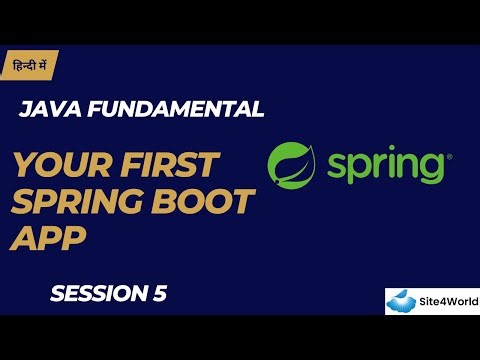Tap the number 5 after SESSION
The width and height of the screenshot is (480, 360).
pyautogui.click(x=160, y=293)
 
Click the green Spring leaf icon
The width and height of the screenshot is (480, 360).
pyautogui.click(x=293, y=163)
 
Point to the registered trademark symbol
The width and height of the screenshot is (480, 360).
pyautogui.click(x=449, y=155)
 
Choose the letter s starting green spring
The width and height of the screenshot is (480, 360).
pyautogui.click(x=336, y=166)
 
